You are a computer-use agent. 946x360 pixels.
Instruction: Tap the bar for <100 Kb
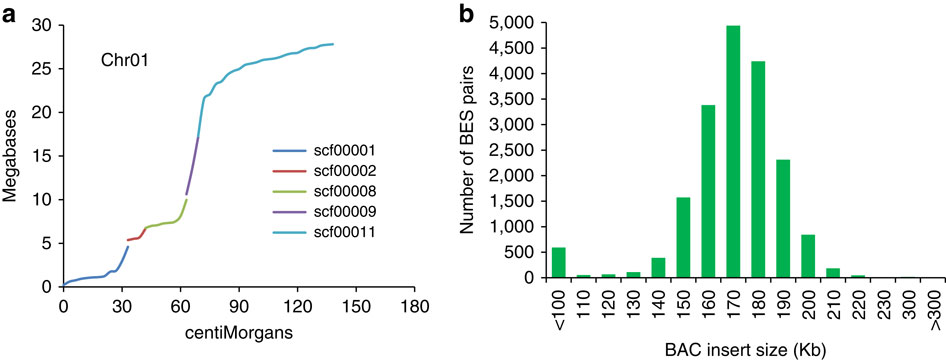[558, 263]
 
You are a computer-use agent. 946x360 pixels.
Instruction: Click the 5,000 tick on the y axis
[519, 22]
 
